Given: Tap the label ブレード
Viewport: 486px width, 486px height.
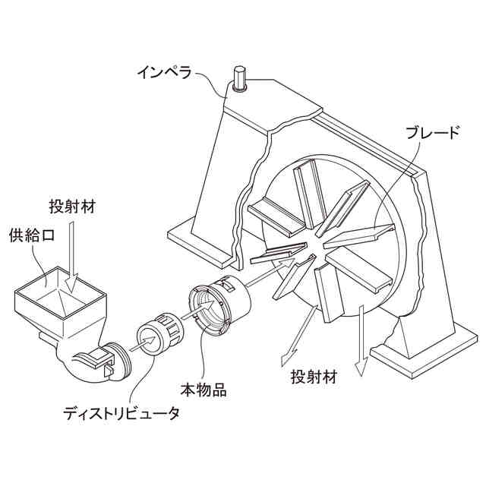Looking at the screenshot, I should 432,134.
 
